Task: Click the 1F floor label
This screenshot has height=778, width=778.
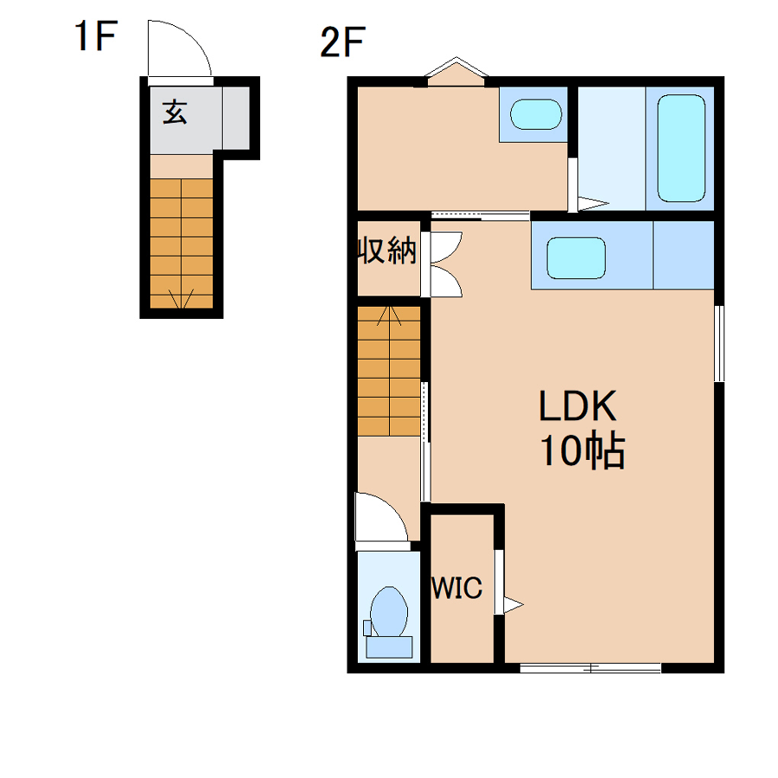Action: (95, 35)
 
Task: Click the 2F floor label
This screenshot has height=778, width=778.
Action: (343, 41)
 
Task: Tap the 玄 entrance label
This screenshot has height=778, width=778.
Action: (175, 112)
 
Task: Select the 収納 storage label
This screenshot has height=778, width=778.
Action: (387, 250)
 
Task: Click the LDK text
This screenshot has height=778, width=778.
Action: (577, 406)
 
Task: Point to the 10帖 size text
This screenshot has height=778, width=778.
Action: (583, 451)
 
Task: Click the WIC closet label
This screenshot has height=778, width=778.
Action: (456, 588)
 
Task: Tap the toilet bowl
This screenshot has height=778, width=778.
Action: (389, 612)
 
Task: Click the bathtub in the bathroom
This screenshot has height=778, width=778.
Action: (681, 149)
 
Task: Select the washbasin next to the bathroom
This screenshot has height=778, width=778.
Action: (536, 114)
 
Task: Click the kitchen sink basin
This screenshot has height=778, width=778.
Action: (576, 258)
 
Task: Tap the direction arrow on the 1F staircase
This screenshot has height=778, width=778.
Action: (182, 297)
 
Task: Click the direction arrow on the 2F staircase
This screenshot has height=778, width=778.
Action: (390, 317)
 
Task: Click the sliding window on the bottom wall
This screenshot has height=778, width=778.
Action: (590, 668)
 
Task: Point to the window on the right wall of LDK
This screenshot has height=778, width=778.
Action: (719, 343)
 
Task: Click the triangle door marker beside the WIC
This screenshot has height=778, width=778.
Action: (513, 605)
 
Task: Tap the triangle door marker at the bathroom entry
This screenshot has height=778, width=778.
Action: (593, 203)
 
